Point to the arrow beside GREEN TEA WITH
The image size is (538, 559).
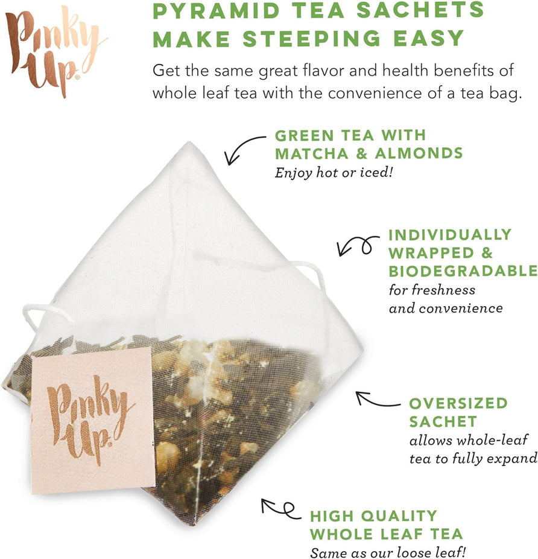pos(244,148)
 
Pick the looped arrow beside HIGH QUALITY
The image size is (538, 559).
pos(280,508)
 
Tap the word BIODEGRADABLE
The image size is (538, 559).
pos(463,270)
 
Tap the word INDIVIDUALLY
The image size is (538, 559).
pos(450,234)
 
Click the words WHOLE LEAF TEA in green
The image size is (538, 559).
pos(386,534)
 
